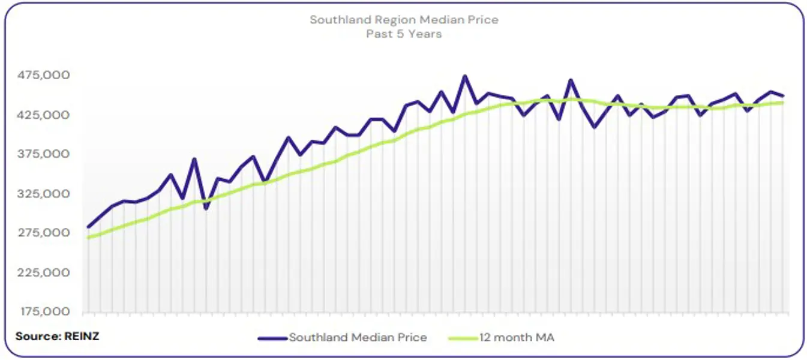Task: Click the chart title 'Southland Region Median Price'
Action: point(404,20)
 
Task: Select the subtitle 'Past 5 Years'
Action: point(404,34)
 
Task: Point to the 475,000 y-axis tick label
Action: point(45,75)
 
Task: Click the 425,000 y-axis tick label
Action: point(45,115)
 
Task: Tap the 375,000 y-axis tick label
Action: point(45,154)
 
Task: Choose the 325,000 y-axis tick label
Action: point(45,194)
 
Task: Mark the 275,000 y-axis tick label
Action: point(45,233)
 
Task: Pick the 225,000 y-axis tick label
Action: point(45,272)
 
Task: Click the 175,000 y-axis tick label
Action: point(45,312)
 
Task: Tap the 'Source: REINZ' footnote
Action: point(57,337)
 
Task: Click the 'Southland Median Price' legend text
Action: point(358,338)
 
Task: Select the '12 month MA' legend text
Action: point(517,338)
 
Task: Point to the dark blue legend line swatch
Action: point(272,338)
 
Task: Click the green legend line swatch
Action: point(463,338)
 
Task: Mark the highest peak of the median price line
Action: point(464,76)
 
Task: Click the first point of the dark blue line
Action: point(88,227)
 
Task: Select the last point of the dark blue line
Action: point(783,95)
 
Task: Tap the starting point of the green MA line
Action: point(88,238)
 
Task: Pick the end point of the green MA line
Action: point(783,103)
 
